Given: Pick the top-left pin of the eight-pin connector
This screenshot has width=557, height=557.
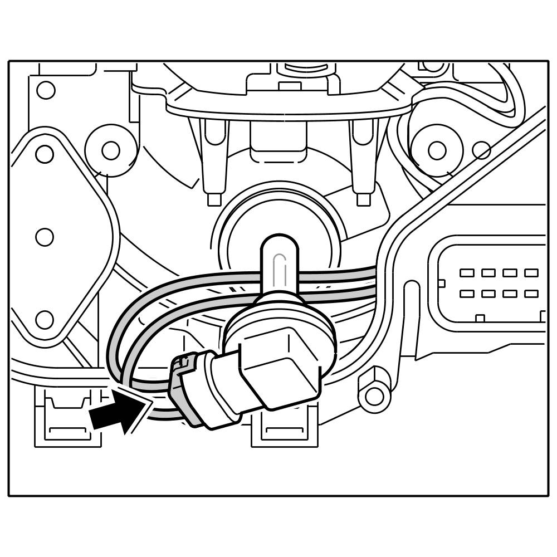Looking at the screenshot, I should click(x=467, y=273).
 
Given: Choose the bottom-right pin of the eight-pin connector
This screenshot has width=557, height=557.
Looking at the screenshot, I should click(x=531, y=294).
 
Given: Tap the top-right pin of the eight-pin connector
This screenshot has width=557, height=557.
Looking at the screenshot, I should click(x=531, y=273).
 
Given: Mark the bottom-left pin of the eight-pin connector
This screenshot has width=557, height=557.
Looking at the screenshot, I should click(x=467, y=294).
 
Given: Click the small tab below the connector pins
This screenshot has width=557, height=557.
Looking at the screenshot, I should click(x=480, y=319).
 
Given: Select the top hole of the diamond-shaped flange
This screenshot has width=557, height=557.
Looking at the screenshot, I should click(x=45, y=154).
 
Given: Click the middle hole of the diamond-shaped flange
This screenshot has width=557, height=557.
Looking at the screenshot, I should click(x=45, y=237).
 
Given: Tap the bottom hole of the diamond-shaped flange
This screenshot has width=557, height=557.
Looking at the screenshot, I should click(x=45, y=320).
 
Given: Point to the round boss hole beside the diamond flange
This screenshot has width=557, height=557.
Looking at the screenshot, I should click(x=111, y=150).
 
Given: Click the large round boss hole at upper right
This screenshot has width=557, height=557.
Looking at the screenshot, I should click(x=437, y=150).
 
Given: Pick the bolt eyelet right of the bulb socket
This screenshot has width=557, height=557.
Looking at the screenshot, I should click(x=374, y=396).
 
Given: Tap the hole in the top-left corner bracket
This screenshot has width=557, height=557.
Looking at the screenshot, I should click(x=46, y=90).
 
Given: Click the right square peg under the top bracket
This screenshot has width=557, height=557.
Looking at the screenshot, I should click(x=364, y=199).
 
